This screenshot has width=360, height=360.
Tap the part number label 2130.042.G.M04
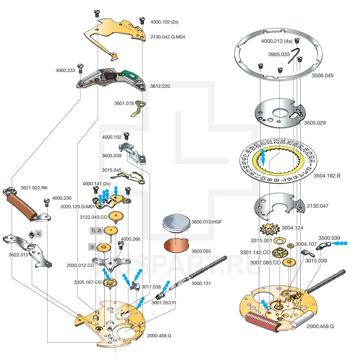point(168,37)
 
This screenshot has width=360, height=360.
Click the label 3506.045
point(322,75)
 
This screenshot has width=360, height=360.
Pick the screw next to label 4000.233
point(81,68)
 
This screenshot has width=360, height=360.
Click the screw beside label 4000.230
point(47,202)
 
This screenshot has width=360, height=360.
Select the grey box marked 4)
point(38,234)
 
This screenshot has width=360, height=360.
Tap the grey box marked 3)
point(92,247)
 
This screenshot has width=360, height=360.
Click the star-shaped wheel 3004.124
point(269,229)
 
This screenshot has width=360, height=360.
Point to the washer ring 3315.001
point(280,241)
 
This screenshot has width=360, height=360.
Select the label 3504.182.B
point(327,176)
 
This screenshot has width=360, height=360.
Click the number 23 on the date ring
point(276,142)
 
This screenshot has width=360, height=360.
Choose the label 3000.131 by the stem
point(201,283)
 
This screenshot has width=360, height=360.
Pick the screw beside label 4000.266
point(120,244)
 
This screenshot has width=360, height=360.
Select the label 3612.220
point(160,86)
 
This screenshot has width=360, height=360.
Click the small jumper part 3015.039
point(307,253)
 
